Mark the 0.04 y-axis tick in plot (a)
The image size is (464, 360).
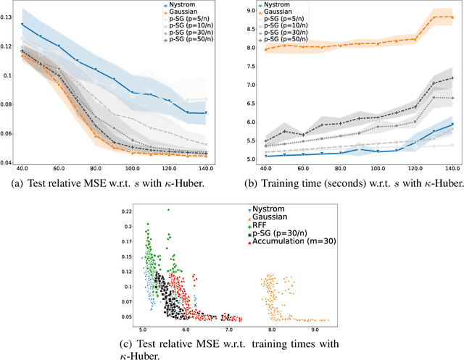[x=7, y=163]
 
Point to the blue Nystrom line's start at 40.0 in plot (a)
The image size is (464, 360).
[x=22, y=25]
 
